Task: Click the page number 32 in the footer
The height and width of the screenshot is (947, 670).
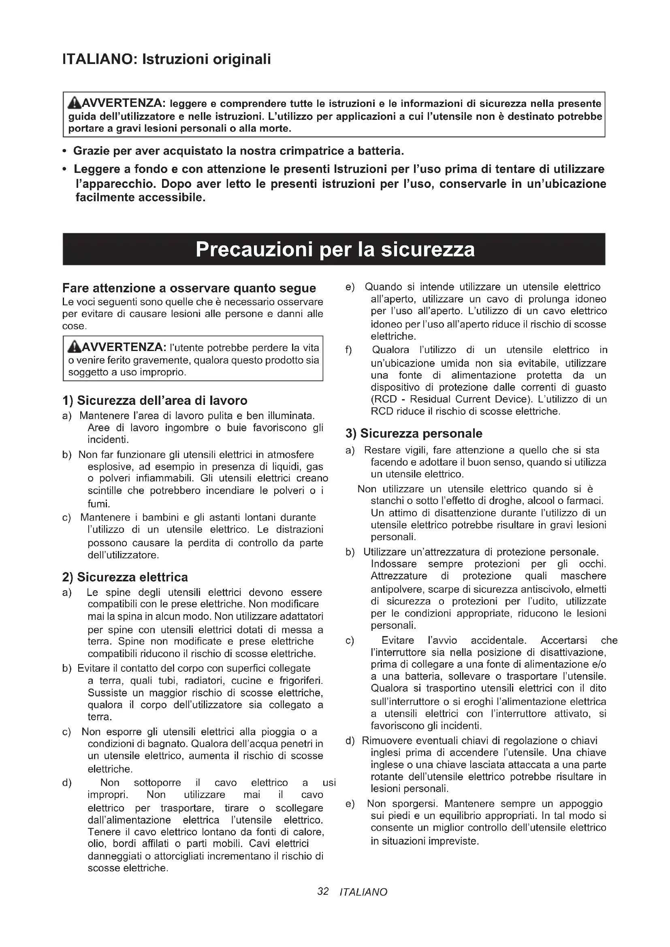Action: pyautogui.click(x=323, y=892)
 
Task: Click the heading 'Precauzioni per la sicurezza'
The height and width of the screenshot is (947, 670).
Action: pyautogui.click(x=335, y=249)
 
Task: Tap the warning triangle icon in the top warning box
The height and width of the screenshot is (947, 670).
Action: pyautogui.click(x=75, y=102)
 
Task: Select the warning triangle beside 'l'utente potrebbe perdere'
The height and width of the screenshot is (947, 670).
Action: pyautogui.click(x=75, y=347)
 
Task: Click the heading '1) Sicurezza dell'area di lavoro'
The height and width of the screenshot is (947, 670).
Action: pyautogui.click(x=155, y=400)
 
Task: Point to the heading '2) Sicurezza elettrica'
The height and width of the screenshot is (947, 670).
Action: pyautogui.click(x=125, y=577)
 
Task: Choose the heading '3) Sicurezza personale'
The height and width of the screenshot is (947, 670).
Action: pyautogui.click(x=414, y=434)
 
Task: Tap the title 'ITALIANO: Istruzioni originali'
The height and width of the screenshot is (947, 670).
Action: pyautogui.click(x=166, y=60)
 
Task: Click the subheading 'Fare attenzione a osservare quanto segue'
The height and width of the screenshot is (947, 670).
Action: pyautogui.click(x=189, y=288)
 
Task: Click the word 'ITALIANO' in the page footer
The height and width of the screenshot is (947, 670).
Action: pyautogui.click(x=363, y=893)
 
